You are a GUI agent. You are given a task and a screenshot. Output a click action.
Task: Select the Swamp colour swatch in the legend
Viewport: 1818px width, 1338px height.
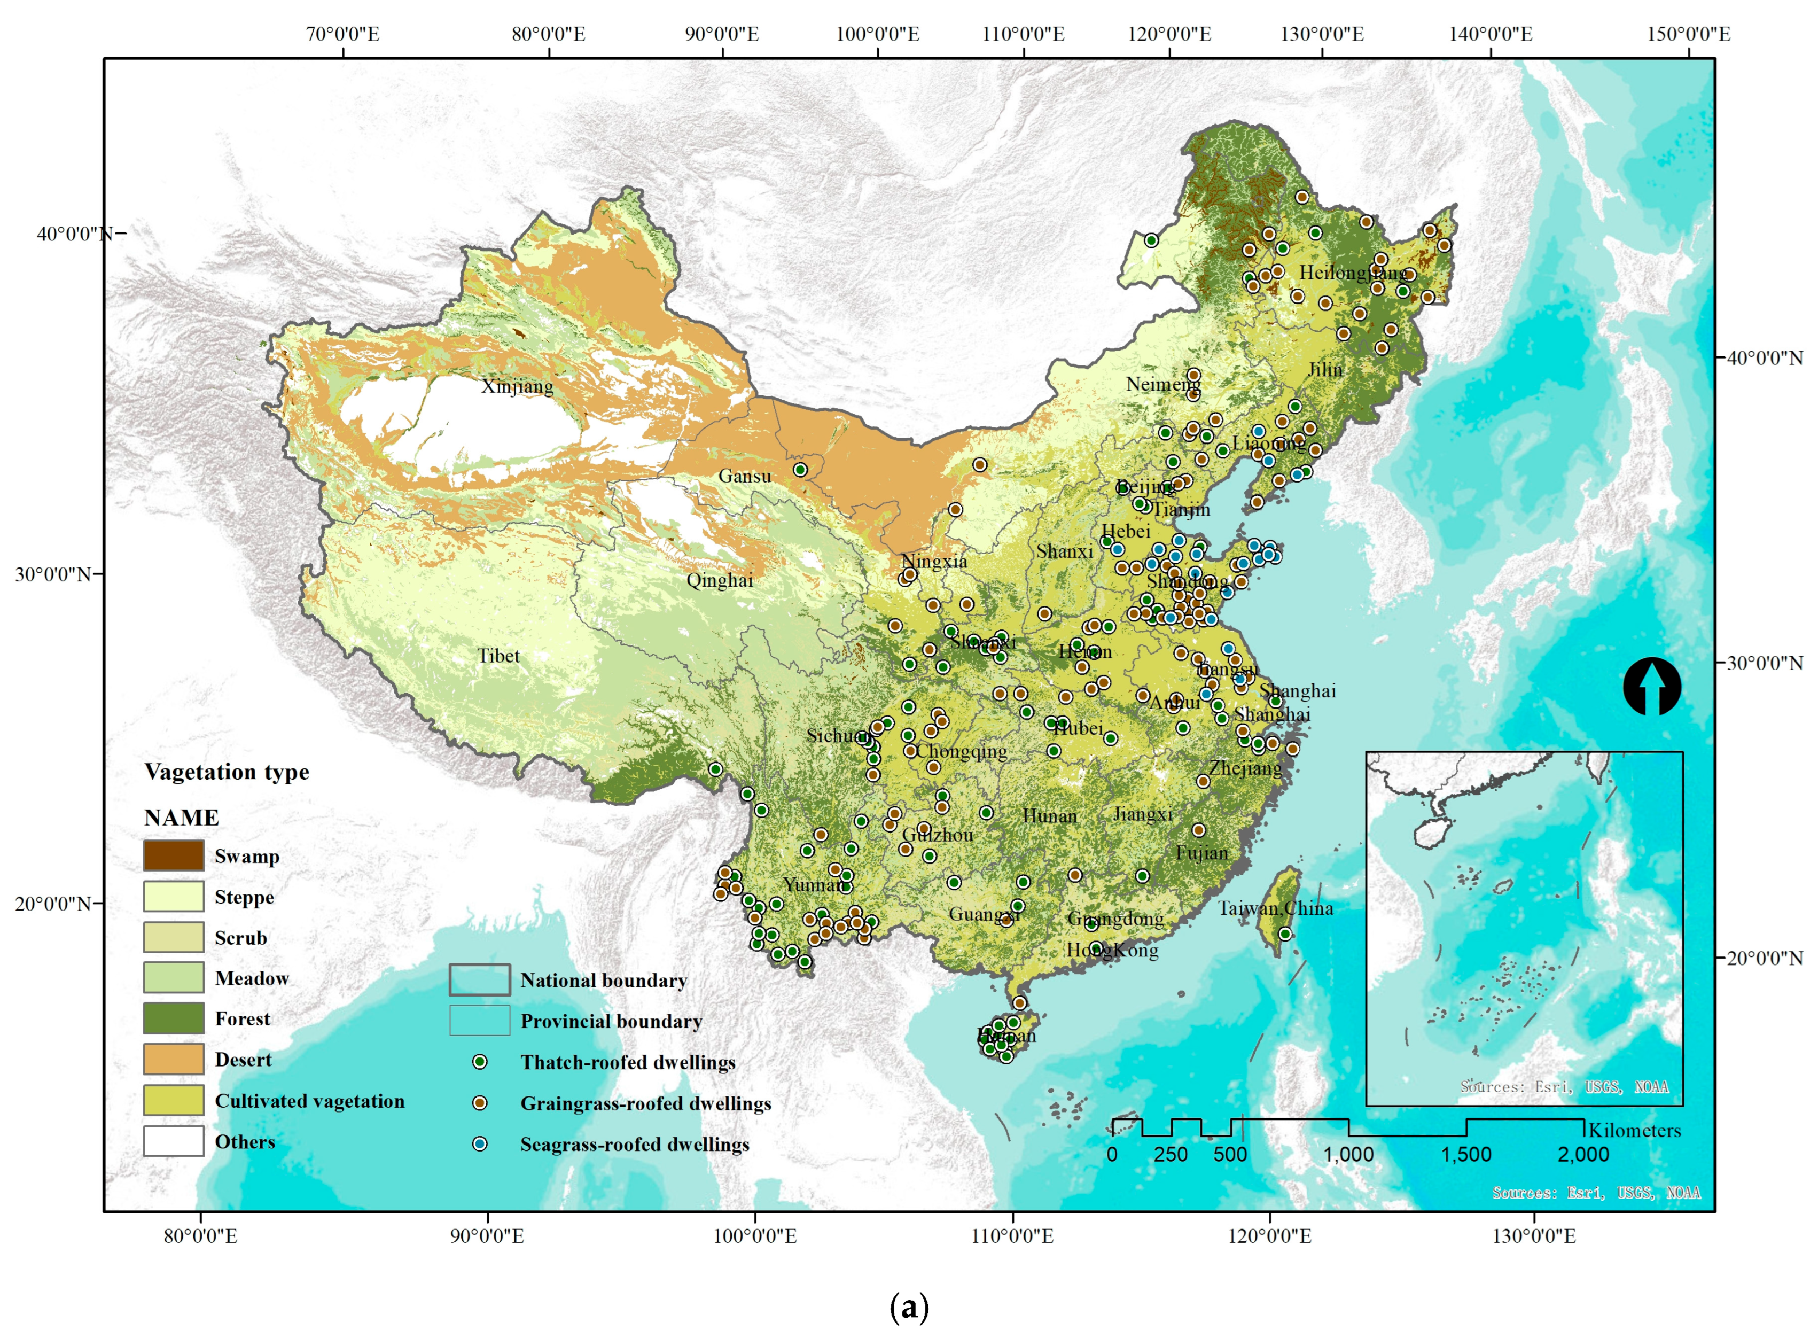[173, 855]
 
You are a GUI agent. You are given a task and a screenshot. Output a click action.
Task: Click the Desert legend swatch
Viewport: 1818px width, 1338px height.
[173, 1059]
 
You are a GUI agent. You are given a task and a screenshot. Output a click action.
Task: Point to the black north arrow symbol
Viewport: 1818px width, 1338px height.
[1651, 687]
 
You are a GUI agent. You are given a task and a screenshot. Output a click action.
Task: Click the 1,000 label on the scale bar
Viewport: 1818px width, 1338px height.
[1348, 1154]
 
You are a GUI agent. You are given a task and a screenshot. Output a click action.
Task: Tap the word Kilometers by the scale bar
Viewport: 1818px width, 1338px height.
[1634, 1131]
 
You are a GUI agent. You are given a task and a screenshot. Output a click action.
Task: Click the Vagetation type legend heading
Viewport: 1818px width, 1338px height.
[227, 771]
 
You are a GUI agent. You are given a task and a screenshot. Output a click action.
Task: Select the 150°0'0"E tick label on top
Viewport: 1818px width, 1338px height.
[1688, 34]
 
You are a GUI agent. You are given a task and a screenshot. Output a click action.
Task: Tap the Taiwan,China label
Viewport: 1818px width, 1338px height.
[1275, 908]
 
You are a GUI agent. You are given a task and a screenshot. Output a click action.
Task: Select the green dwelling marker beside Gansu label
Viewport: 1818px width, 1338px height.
[800, 470]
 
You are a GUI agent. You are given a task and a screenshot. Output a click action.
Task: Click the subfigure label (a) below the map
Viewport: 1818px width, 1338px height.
[909, 1306]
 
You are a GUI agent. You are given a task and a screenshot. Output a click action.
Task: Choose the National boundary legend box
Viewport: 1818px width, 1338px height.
[479, 980]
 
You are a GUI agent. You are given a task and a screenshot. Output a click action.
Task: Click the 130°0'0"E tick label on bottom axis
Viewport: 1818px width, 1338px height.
[1534, 1236]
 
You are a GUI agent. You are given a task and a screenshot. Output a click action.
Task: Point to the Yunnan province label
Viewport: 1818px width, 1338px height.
[815, 884]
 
